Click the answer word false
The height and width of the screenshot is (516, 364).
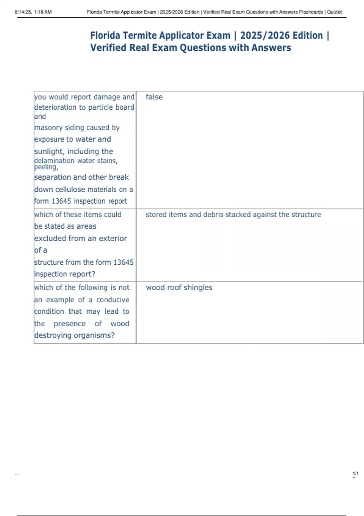(154, 97)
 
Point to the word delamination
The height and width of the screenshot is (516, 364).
(54, 161)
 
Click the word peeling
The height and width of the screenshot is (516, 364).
(46, 167)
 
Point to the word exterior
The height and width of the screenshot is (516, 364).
(113, 239)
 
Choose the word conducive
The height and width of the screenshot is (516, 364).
(113, 300)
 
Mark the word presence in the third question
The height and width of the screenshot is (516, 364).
(69, 324)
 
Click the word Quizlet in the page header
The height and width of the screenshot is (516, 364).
(334, 12)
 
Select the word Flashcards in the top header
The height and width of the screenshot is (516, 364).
(311, 12)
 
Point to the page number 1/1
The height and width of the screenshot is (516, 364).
(356, 474)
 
